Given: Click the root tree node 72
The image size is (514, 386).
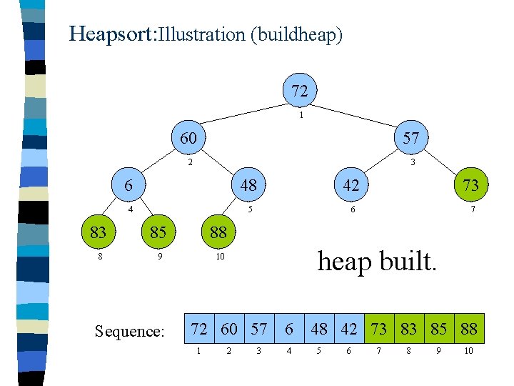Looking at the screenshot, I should point(300,91).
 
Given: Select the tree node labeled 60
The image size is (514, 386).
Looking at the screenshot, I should point(188,137).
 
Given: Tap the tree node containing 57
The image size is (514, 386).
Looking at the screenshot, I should point(410,138).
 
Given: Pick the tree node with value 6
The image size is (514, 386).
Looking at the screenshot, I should point(128,184).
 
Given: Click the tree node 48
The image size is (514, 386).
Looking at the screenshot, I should point(248,185).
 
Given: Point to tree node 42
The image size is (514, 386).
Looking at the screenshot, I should point(351,185).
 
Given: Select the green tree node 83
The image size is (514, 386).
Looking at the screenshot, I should point(98,232).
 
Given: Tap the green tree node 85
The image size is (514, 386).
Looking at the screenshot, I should point(158,232).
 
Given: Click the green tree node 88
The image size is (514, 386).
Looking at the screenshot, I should point(218,232).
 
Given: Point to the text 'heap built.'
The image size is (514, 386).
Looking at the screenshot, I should point(376,262).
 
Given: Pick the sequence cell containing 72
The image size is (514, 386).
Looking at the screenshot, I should point(199,329).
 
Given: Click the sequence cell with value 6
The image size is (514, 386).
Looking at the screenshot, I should point(289,329).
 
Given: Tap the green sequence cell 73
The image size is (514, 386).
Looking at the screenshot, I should point(379,329).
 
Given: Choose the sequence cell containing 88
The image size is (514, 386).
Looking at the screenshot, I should point(469,329).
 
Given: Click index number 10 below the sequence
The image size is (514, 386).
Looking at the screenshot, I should point(468,351).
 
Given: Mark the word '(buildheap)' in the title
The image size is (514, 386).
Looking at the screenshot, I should point(296,34).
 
